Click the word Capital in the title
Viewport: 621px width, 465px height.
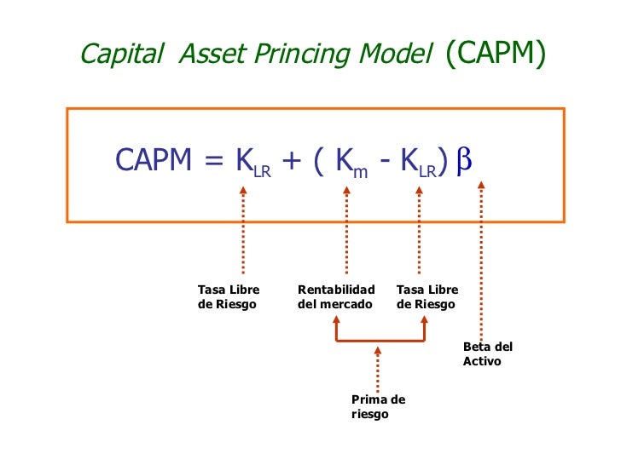120,55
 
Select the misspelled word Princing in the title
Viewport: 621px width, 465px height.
300,55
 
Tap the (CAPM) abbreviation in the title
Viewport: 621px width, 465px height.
494,54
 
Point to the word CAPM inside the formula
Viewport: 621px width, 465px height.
154,159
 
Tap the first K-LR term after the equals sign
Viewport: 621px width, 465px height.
252,162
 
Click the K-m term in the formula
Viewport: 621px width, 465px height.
351,162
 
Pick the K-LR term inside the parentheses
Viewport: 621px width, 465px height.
420,162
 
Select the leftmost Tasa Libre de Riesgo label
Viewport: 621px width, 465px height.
228,297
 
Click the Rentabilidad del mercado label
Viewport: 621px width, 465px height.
336,297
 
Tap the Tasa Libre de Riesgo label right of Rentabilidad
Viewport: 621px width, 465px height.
427,297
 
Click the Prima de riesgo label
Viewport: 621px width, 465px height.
378,406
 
